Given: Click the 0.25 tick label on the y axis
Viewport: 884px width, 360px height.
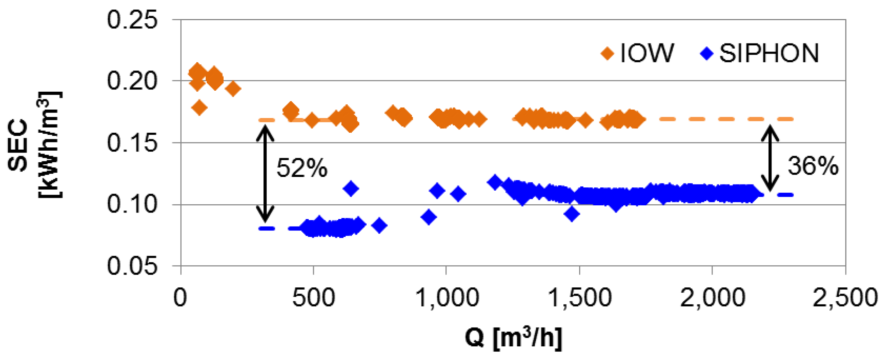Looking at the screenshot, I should (132, 20).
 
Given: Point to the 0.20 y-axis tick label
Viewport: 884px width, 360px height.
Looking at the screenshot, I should (132, 81).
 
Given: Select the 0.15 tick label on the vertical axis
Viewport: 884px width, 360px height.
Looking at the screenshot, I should (132, 143).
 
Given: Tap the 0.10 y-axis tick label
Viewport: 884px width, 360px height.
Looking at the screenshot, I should (132, 205).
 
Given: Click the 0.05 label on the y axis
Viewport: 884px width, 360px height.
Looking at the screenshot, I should (132, 266).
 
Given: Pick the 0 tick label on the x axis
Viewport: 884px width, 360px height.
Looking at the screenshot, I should (180, 298).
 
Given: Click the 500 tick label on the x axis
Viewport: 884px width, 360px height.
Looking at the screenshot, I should (313, 298).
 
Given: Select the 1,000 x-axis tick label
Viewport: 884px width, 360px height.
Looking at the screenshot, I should (447, 298).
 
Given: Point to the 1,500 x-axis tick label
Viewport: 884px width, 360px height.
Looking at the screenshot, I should (580, 298).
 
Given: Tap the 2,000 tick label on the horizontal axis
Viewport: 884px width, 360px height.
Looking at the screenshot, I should (713, 298).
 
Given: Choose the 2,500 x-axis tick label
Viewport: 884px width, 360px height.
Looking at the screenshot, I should (845, 298).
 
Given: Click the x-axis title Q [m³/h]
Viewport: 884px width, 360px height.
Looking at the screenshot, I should (513, 338).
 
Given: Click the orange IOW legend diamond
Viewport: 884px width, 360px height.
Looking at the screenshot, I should (607, 54).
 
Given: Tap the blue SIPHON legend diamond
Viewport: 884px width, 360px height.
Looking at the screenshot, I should (706, 54).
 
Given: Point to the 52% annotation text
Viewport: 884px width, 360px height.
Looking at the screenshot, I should (302, 168).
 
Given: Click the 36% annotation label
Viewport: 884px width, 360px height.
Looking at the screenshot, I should (813, 166).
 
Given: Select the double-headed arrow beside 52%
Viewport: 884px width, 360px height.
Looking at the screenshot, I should (265, 173).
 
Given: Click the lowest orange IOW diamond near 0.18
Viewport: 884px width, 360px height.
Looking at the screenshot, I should (200, 108).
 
